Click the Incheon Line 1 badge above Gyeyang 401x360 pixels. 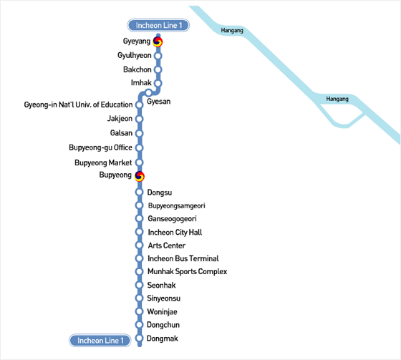[158, 25]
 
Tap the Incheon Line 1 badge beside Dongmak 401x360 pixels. [100, 340]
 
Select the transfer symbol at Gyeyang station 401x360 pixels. [158, 42]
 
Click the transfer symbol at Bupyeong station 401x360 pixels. [140, 176]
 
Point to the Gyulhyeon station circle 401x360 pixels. [158, 56]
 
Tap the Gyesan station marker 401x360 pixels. [148, 92]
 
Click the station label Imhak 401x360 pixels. [141, 83]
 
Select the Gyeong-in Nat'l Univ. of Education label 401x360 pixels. [78, 104]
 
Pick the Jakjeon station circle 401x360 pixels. [139, 119]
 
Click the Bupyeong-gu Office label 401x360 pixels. [100, 147]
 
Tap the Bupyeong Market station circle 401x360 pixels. [139, 162]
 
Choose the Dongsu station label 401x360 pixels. [160, 193]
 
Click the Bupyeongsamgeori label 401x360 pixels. [176, 206]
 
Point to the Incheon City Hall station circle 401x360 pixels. [139, 232]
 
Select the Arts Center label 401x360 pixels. [167, 245]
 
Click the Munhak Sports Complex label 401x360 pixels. [188, 271]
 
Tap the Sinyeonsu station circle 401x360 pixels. [139, 298]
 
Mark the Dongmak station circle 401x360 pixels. [139, 338]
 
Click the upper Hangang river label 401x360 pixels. [232, 31]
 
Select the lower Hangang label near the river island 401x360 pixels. [337, 99]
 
